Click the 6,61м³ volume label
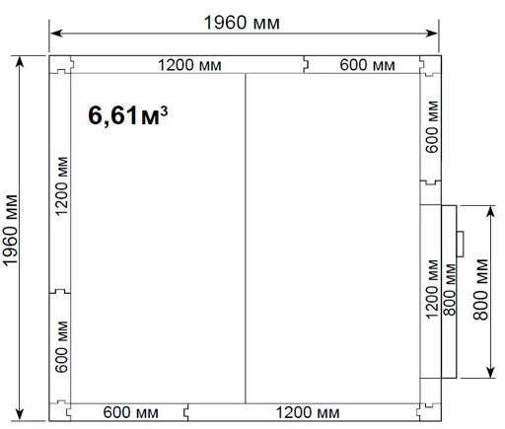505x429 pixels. click(128, 115)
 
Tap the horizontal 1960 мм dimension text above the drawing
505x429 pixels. click(242, 23)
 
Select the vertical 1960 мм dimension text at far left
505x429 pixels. click(10, 230)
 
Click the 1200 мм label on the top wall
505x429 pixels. click(189, 65)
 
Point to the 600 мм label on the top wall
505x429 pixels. click(367, 65)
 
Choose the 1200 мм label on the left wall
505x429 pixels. click(61, 186)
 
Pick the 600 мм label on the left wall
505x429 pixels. click(61, 347)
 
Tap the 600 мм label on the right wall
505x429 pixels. click(432, 127)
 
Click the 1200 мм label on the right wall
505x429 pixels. click(432, 289)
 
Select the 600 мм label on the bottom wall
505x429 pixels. click(131, 412)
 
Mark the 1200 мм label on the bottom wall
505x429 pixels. click(308, 412)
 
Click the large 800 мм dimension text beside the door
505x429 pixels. click(480, 290)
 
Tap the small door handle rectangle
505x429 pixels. click(460, 244)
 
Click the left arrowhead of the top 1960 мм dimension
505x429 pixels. click(56, 34)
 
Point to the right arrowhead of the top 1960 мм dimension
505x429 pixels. click(431, 34)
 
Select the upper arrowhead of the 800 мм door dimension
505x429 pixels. click(490, 212)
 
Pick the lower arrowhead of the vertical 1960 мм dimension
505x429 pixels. click(20, 414)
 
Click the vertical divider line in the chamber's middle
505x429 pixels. click(246, 239)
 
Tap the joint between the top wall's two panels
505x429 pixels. click(306, 64)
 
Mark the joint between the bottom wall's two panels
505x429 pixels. click(186, 412)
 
